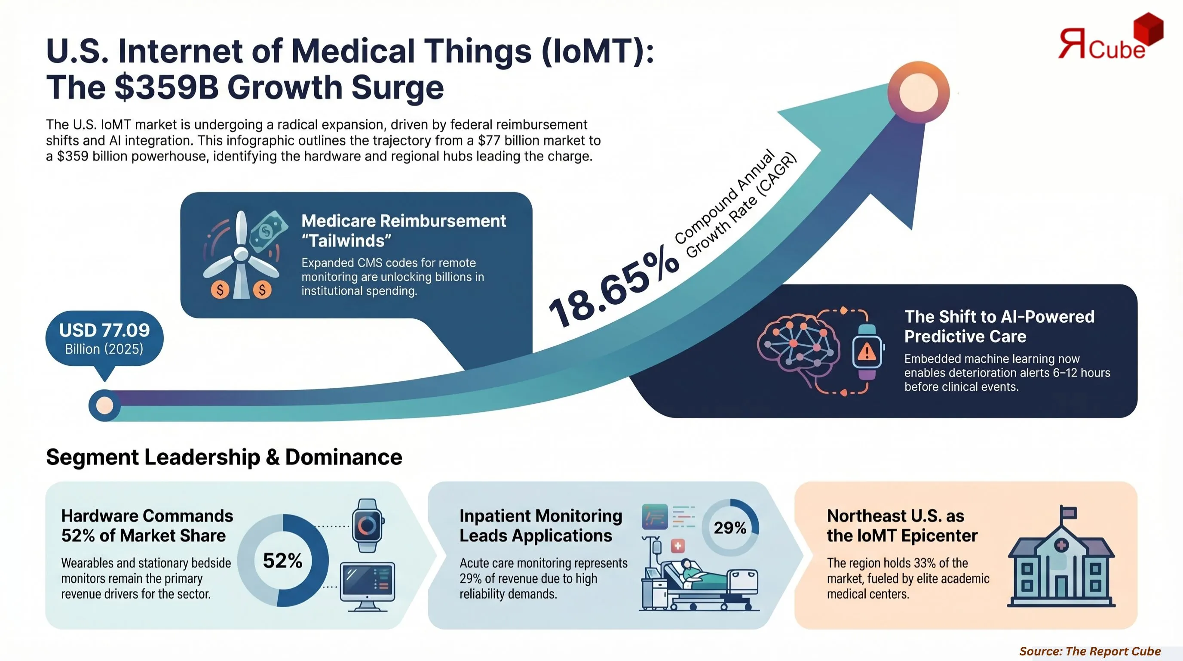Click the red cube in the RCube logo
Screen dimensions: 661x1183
pos(1148,28)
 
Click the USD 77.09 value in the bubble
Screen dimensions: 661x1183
pos(104,330)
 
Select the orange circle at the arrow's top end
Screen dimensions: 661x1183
pos(919,92)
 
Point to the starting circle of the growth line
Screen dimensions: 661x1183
pos(104,405)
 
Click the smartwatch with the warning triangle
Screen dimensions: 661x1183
pos(867,352)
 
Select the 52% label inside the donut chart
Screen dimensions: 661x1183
pos(282,561)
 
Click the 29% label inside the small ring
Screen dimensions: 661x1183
pos(730,528)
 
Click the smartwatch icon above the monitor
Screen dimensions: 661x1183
pos(368,525)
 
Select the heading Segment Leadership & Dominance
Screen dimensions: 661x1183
pos(224,457)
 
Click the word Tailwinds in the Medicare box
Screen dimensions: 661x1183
pos(347,241)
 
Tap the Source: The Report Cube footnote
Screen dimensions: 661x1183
pos(1090,651)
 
